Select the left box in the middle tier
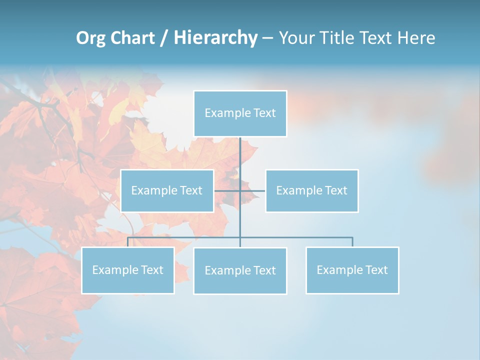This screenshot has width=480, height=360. [x=167, y=190]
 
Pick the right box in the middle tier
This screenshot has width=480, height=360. [x=312, y=190]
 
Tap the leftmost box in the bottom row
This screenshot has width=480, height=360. [x=128, y=270]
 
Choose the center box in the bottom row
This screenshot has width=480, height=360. [x=240, y=270]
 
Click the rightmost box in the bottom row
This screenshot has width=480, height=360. [x=352, y=270]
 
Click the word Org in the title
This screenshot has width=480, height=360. [x=91, y=38]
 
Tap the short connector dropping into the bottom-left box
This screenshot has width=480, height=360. [x=128, y=242]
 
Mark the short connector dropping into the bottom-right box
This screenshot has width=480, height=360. [x=352, y=242]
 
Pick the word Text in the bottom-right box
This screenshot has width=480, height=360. [x=376, y=270]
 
